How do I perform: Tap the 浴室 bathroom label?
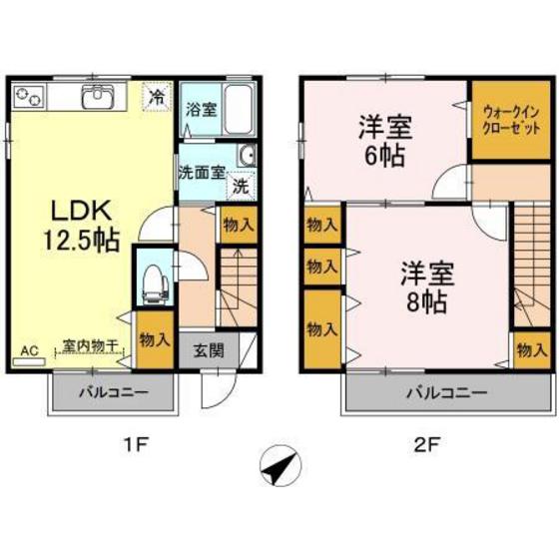(x=200, y=110)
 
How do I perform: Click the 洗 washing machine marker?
(x=241, y=185)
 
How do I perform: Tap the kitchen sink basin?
(x=99, y=97)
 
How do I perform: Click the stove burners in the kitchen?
(x=28, y=97)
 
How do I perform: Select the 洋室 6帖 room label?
(x=383, y=142)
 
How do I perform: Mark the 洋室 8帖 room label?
(x=424, y=283)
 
